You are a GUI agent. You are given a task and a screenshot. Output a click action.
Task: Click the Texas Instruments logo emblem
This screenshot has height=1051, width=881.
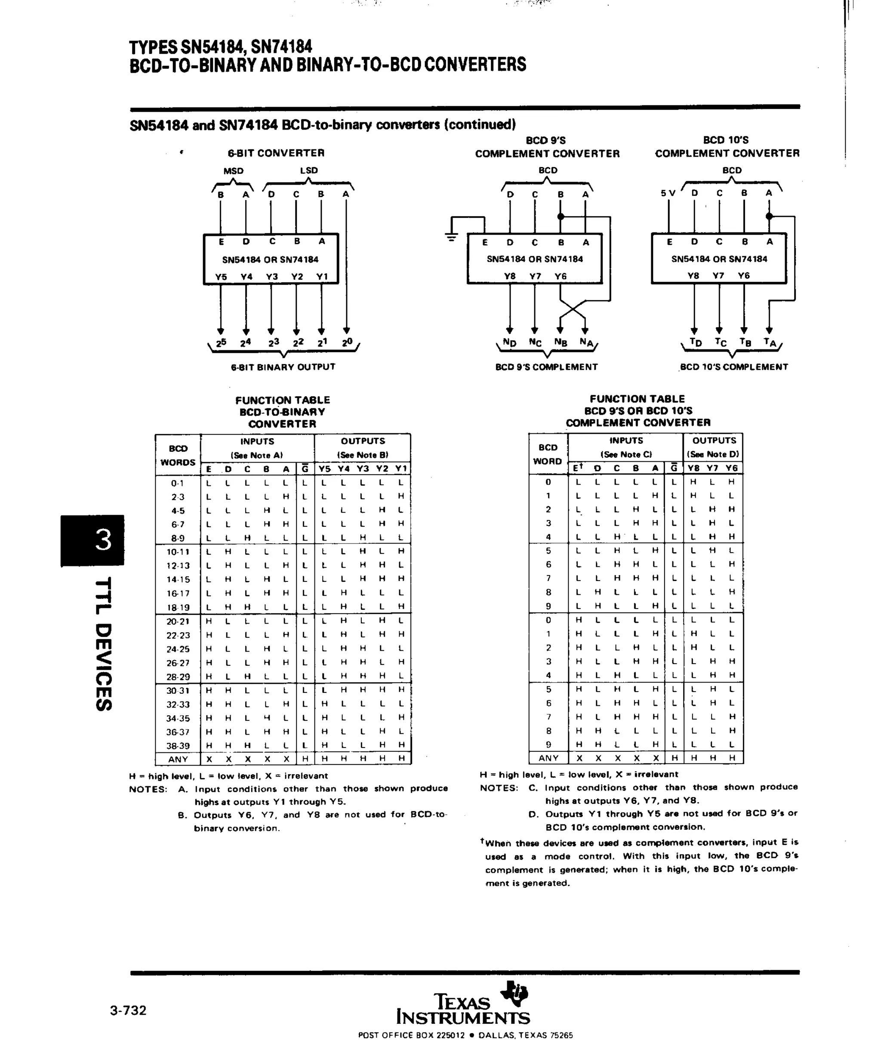pos(514,993)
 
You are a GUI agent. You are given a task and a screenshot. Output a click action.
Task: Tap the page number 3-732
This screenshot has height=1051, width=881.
pos(129,1010)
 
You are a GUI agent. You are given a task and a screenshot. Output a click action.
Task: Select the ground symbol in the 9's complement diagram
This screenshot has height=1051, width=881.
pos(451,237)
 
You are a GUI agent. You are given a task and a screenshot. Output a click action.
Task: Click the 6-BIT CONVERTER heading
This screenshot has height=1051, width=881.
pos(276,153)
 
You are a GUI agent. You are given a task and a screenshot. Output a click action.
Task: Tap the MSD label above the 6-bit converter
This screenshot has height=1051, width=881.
pos(233,171)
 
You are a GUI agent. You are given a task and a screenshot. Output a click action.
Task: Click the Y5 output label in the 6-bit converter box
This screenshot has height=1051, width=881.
pos(221,277)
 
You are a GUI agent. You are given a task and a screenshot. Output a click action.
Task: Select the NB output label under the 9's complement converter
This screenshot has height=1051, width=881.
pos(561,342)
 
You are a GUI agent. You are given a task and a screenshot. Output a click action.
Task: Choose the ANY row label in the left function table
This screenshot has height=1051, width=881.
pos(178,759)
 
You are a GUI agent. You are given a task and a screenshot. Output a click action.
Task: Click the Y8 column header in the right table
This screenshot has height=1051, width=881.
pos(693,468)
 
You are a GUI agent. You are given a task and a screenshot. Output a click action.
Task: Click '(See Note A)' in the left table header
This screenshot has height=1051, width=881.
pos(257,455)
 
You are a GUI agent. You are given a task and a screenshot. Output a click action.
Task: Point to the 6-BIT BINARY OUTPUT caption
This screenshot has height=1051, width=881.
pos(283,367)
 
